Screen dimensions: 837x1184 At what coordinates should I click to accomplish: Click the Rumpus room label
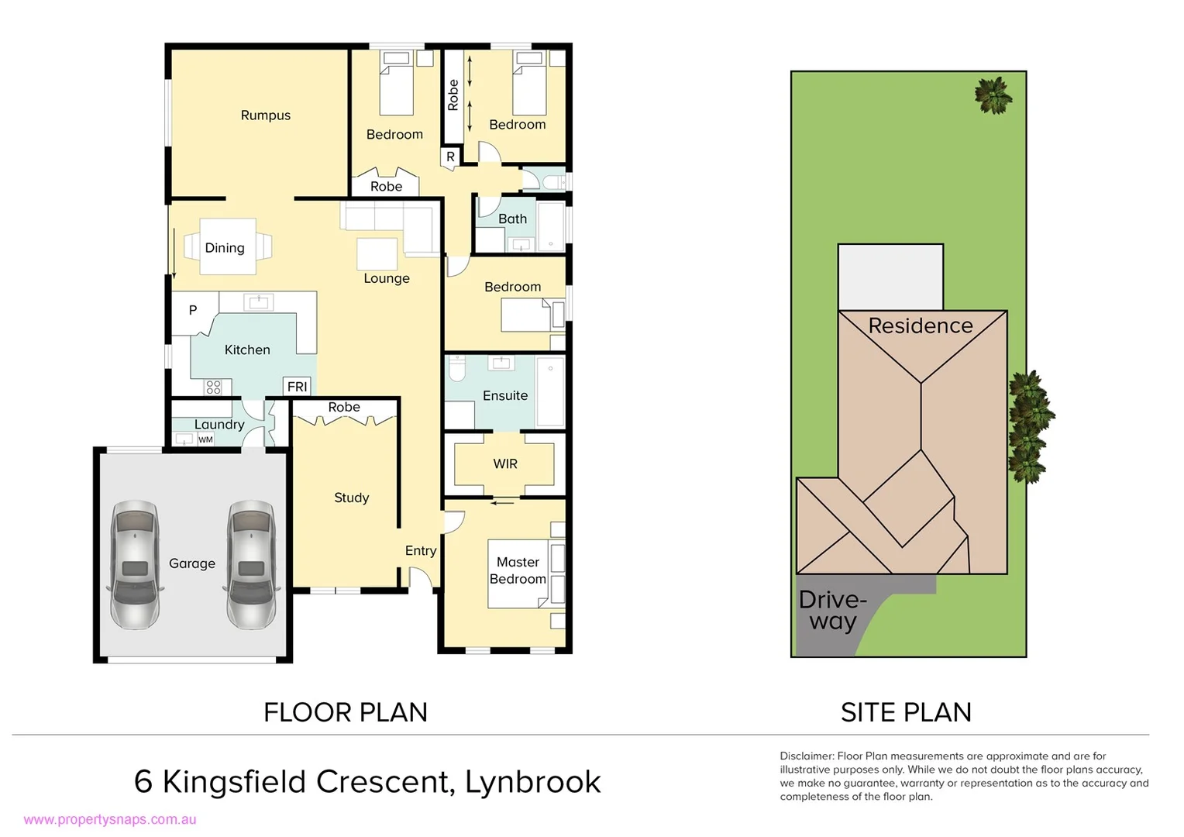[x=265, y=115]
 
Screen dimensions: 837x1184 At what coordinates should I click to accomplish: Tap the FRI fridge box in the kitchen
[x=298, y=387]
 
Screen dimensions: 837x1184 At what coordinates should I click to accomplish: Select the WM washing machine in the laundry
[x=205, y=439]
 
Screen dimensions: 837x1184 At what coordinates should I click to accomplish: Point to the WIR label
[x=505, y=463]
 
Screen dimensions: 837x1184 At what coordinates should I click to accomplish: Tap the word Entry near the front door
[x=421, y=550]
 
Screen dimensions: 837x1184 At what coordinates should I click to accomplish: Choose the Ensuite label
[x=505, y=395]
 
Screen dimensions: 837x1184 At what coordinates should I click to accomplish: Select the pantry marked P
[x=193, y=310]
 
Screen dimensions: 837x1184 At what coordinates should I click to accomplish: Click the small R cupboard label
[x=450, y=157]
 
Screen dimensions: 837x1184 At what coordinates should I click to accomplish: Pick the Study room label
[x=351, y=498]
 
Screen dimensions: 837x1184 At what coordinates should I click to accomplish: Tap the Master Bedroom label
[x=518, y=570]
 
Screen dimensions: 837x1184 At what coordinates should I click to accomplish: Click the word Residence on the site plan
[x=920, y=325]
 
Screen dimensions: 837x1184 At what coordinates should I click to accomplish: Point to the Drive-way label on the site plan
[x=832, y=610]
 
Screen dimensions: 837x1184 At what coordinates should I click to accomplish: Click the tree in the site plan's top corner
[x=993, y=95]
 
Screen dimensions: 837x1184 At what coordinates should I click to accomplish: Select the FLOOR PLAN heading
[x=346, y=712]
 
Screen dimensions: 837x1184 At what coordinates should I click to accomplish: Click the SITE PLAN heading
[x=906, y=712]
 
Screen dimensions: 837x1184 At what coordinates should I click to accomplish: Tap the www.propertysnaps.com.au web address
[x=110, y=819]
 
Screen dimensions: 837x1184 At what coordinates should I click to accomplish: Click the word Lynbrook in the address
[x=532, y=781]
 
